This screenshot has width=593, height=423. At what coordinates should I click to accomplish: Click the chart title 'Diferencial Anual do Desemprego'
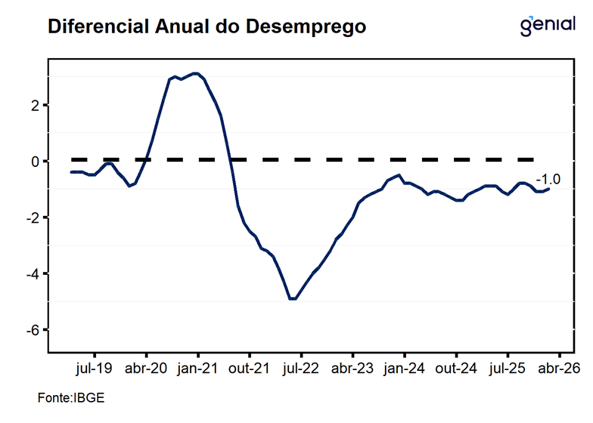pos(206,27)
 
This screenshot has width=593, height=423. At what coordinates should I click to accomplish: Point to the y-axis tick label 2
pos(35,105)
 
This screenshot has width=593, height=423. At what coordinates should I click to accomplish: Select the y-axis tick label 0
pos(35,162)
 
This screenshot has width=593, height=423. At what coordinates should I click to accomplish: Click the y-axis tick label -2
pos(33,218)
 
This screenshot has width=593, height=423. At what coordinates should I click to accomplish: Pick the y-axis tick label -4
pos(33,274)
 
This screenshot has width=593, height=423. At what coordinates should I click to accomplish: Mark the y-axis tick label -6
pos(33,330)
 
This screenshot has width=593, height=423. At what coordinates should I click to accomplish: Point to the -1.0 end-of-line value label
pos(548,179)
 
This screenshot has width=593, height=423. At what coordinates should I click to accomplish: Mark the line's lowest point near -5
pos(292,299)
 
